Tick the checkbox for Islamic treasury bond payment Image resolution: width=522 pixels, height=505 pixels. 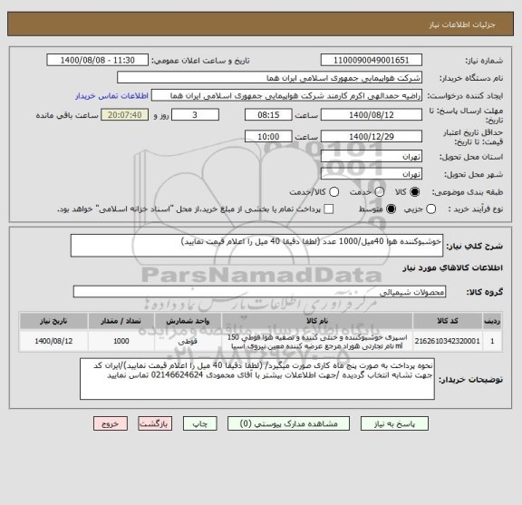coord(295,209)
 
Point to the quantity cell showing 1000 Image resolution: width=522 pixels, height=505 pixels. coord(120,341)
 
